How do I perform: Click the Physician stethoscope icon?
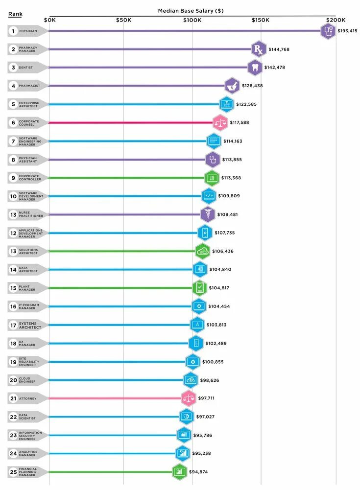point(328,31)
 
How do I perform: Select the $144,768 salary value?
point(279,49)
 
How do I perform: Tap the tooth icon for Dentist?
point(254,68)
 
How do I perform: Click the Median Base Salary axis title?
point(191,10)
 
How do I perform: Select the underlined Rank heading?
point(15,14)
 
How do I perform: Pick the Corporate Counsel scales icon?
point(220,122)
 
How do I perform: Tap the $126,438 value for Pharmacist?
point(252,86)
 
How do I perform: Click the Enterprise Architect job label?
point(29,104)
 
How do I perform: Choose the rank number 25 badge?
point(13,472)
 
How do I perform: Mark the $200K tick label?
point(336,20)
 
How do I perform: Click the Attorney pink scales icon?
point(189,398)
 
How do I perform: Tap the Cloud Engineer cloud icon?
point(191,380)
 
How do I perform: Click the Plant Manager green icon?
point(199,288)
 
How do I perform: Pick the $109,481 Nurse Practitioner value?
point(230,214)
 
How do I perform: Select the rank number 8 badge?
point(13,159)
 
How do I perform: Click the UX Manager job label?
point(26,343)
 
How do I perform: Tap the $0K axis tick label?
point(49,20)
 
